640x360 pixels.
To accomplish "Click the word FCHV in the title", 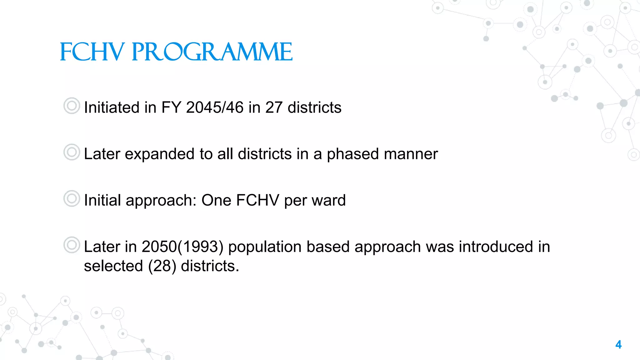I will pyautogui.click(x=92, y=52).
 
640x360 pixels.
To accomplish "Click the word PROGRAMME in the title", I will pyautogui.click(x=212, y=52).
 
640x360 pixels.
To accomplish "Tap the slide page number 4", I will pyautogui.click(x=618, y=345).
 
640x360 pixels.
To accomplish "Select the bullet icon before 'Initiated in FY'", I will pyautogui.click(x=72, y=106).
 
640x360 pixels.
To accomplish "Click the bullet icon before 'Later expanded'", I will pyautogui.click(x=72, y=152).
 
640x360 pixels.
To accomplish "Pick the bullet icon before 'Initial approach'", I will pyautogui.click(x=72, y=198).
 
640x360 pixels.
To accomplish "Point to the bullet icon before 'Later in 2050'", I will pyautogui.click(x=72, y=245).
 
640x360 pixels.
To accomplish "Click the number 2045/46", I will pyautogui.click(x=215, y=107).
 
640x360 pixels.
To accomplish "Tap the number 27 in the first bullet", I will pyautogui.click(x=274, y=107).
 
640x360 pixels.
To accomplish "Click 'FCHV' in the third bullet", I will pyautogui.click(x=257, y=200).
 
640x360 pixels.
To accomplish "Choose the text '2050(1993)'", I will pyautogui.click(x=182, y=247).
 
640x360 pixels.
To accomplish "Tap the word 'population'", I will pyautogui.click(x=265, y=247).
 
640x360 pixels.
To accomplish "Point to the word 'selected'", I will pyautogui.click(x=113, y=266).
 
